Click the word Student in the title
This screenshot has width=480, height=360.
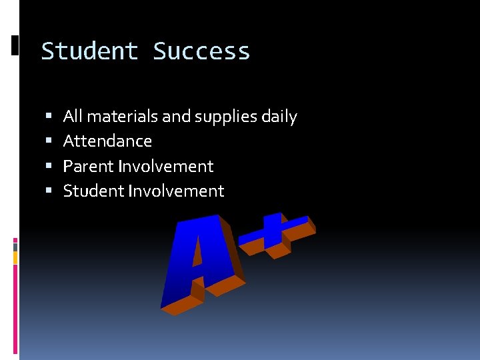pos(89,51)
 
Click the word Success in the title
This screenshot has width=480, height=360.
pos(201,51)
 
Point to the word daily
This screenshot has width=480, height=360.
pos(279,117)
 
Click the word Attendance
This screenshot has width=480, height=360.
pos(107,141)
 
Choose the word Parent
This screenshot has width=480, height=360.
pos(88,166)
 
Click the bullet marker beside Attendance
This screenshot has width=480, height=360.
pos(49,141)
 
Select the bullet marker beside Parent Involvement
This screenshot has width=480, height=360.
pos(49,166)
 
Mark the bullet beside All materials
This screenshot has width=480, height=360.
pos(49,117)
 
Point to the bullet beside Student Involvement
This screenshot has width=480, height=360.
pos(49,191)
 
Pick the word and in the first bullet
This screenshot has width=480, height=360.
pos(177,117)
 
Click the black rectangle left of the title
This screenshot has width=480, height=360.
pos(15,45)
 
